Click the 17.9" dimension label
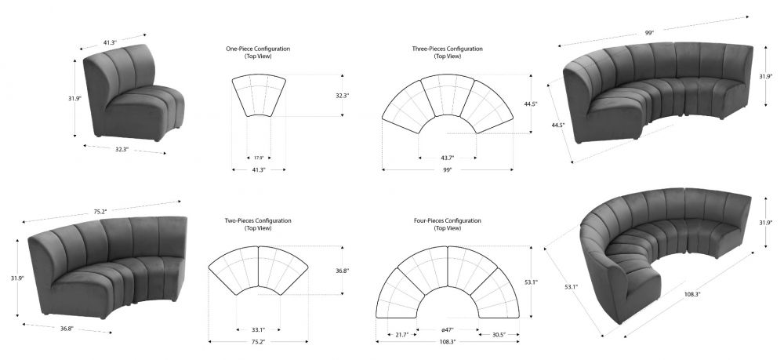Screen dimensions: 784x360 [x=259, y=158]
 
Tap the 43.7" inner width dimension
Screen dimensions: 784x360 [x=447, y=158]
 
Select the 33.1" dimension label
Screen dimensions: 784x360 [x=258, y=329]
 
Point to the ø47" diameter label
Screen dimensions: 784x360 [x=447, y=329]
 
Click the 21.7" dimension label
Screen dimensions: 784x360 [x=402, y=334]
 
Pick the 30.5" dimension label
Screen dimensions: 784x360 [x=499, y=334]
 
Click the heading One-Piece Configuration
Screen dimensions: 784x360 [x=258, y=49]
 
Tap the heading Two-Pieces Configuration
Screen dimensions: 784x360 [x=258, y=220]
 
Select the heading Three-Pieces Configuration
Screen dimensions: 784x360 [x=448, y=49]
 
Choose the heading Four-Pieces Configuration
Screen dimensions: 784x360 [x=448, y=220]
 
